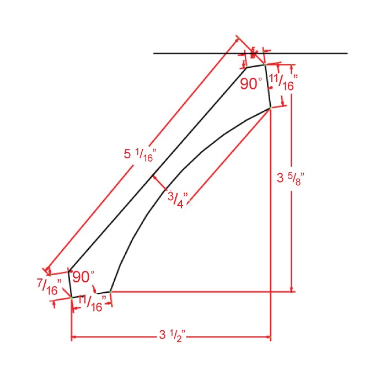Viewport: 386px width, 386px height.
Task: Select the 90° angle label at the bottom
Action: pos(83,276)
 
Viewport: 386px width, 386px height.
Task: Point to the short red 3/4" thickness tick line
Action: pos(160,184)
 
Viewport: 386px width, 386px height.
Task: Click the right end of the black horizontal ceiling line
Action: pos(347,53)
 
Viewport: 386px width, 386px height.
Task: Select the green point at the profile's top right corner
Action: pos(265,65)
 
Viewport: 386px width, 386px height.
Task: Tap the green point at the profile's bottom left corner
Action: pos(72,297)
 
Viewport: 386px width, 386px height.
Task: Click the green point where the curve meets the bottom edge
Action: pos(110,291)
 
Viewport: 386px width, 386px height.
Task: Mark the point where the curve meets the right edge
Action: pos(270,109)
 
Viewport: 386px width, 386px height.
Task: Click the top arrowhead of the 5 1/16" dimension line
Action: pos(238,39)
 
